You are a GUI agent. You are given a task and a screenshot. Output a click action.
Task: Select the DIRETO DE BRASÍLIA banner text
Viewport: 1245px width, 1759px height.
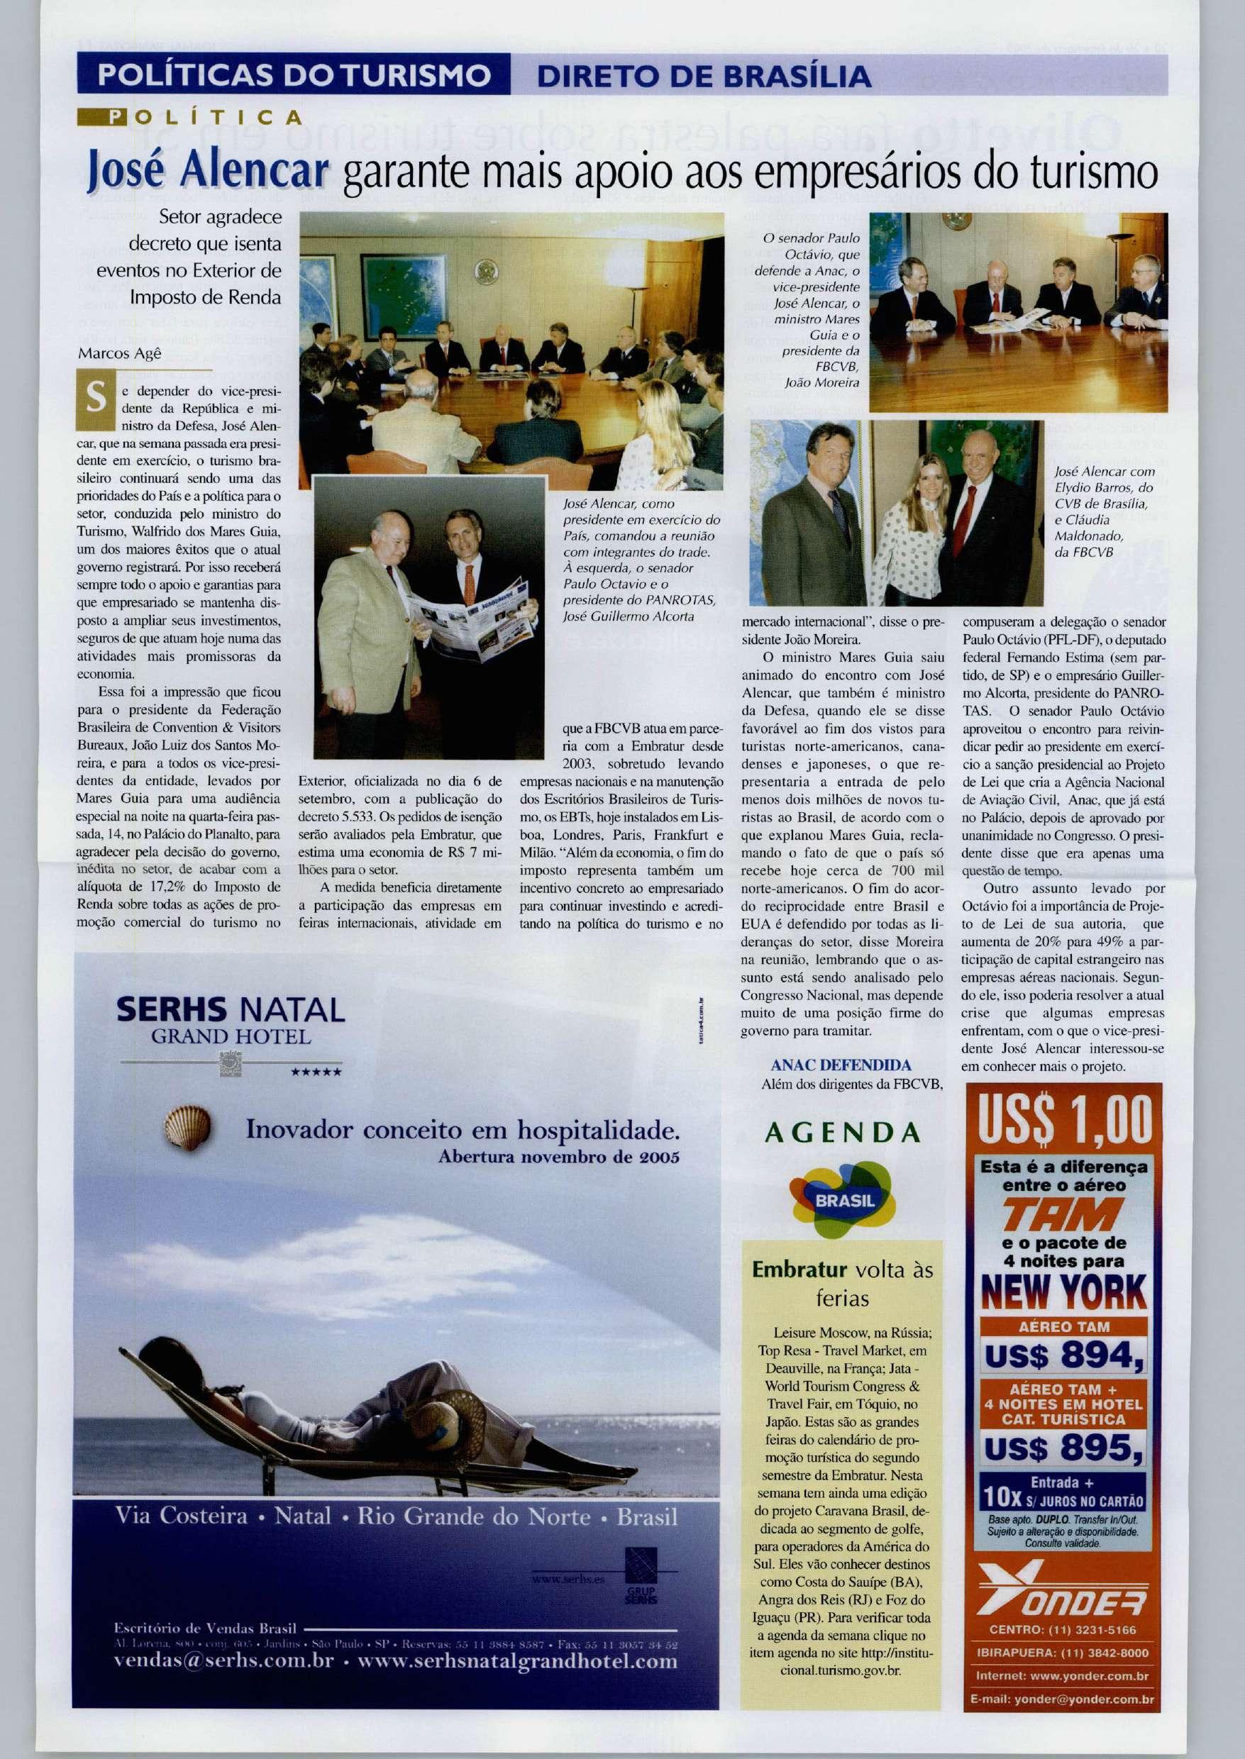click(x=704, y=76)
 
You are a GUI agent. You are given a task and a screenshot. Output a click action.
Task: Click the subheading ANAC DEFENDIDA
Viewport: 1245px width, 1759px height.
click(x=840, y=1065)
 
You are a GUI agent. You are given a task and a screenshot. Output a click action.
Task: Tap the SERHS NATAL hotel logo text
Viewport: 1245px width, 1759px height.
click(x=231, y=1009)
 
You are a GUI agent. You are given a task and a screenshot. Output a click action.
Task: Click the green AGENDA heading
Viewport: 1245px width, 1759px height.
click(x=843, y=1133)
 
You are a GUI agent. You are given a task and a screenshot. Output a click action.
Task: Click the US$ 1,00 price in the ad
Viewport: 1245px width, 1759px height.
click(x=1064, y=1120)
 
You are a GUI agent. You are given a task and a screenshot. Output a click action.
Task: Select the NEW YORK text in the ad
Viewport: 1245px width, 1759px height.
click(x=1064, y=1292)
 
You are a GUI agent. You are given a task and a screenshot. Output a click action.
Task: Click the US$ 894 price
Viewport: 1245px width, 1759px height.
click(x=1064, y=1357)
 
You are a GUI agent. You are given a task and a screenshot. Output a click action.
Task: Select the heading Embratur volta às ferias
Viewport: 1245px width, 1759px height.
click(x=843, y=1283)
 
